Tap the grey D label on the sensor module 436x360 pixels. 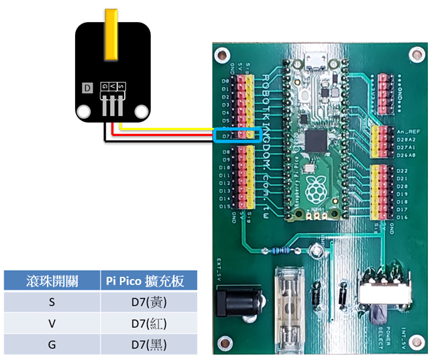click(87, 87)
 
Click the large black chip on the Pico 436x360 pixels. click(314, 141)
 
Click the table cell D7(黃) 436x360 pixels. click(148, 302)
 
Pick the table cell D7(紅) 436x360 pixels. click(148, 324)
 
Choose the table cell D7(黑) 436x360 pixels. click(148, 345)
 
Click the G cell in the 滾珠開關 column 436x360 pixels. click(52, 345)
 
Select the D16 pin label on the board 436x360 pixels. click(402, 217)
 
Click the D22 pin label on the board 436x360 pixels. click(402, 171)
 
